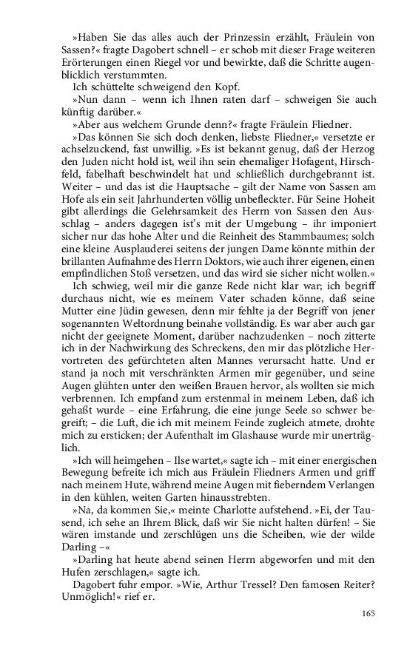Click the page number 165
tap(369, 613)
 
